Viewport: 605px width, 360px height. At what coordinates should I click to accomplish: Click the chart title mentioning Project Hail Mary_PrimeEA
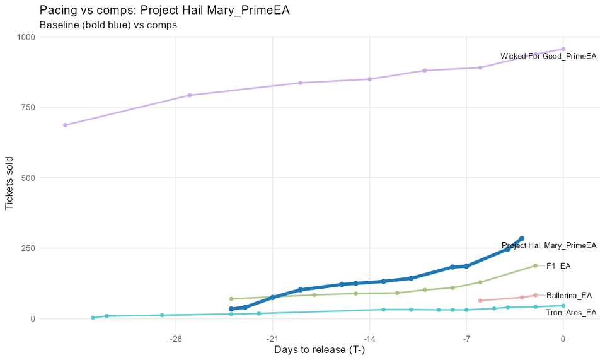coord(164,10)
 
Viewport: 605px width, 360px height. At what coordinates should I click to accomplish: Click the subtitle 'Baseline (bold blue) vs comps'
coord(108,25)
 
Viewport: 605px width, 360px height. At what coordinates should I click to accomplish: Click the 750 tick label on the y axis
coord(27,108)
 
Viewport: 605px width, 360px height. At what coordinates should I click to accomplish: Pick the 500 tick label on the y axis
coord(27,178)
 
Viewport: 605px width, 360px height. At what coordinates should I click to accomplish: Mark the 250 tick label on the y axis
coord(27,248)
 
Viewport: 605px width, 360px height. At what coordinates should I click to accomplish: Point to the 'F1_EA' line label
coord(558,266)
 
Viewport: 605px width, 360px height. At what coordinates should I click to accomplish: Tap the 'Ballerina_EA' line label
coord(569,295)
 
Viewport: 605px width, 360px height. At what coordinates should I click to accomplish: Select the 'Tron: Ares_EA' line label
coord(571,312)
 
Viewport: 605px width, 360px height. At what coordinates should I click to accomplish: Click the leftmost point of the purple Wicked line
coord(65,125)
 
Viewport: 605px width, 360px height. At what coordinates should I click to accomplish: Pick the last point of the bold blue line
coord(522,239)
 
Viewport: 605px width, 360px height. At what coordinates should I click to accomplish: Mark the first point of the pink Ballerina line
coord(480,301)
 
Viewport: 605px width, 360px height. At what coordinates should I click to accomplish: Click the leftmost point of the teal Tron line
coord(93,318)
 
